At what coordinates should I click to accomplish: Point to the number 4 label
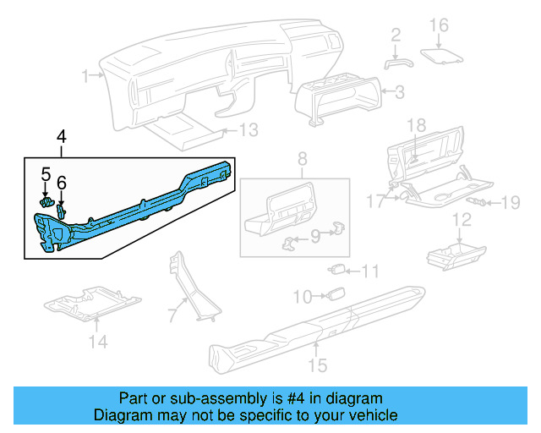pos(61,136)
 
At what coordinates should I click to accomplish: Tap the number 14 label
pos(99,343)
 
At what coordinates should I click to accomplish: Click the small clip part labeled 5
pos(47,203)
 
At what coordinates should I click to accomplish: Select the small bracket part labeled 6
pos(62,209)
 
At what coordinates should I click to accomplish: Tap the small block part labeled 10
pos(335,295)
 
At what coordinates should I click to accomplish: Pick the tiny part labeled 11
pos(336,271)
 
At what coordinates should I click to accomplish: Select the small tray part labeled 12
pos(453,253)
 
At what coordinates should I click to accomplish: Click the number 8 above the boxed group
pos(302,157)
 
